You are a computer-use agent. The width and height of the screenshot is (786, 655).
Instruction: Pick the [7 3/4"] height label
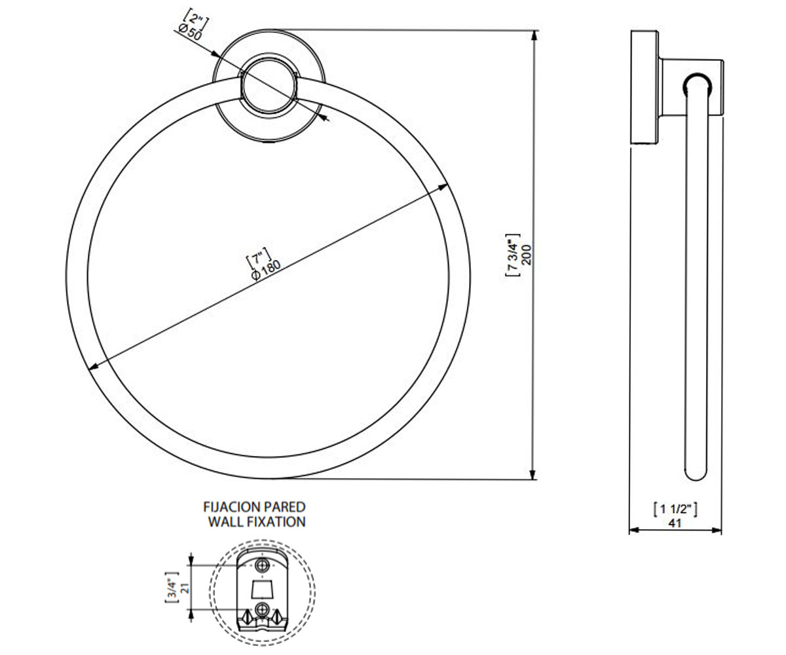point(513,255)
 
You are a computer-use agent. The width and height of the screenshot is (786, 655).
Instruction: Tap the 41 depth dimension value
point(675,523)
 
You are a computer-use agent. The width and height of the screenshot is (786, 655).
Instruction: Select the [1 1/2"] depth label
point(675,510)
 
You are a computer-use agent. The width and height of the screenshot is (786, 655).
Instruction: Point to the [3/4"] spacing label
point(172,587)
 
